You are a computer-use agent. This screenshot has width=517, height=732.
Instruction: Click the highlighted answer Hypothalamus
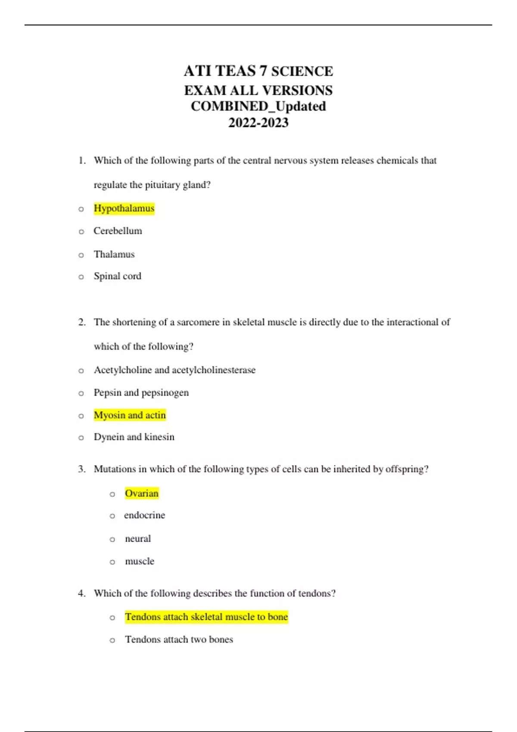click(x=124, y=208)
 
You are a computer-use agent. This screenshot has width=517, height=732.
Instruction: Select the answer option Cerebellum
click(x=118, y=231)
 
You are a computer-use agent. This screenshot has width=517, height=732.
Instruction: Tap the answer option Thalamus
click(x=114, y=254)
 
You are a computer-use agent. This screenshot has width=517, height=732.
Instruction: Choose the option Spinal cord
click(x=117, y=276)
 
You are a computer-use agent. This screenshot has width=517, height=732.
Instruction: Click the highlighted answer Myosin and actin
click(x=130, y=415)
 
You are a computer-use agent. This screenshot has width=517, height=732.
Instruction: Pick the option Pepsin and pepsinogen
click(x=141, y=393)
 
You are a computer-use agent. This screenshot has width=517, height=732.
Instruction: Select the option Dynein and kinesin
click(x=134, y=437)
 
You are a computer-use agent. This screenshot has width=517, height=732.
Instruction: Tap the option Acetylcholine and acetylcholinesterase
click(x=174, y=370)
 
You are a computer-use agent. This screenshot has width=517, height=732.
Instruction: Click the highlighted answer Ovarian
click(x=142, y=493)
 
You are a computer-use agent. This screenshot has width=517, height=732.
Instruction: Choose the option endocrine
click(x=144, y=515)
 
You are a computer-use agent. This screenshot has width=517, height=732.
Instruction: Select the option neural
click(x=138, y=539)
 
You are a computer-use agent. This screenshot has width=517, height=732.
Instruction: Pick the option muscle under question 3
click(x=139, y=561)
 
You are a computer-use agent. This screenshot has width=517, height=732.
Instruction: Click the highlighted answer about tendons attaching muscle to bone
click(x=206, y=617)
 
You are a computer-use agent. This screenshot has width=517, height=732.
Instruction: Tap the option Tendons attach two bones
click(x=179, y=639)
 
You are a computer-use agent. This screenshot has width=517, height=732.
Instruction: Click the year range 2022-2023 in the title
click(x=258, y=123)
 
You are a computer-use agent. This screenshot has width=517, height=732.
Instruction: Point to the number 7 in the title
click(x=263, y=71)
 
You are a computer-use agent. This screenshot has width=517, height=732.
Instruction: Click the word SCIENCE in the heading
click(x=302, y=71)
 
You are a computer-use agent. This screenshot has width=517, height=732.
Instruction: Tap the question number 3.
click(x=81, y=469)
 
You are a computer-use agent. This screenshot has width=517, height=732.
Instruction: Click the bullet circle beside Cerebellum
click(x=81, y=232)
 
